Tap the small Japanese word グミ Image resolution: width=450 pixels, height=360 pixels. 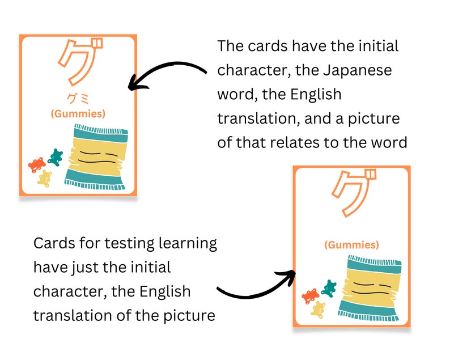tap(78, 98)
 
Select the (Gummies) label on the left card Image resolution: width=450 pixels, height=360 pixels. tap(78, 113)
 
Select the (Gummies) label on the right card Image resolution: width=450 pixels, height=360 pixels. tap(351, 245)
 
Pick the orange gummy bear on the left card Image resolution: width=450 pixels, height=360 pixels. tap(37, 164)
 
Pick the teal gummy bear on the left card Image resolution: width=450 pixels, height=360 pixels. tap(55, 156)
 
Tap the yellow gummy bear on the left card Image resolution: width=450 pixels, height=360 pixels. tap(45, 177)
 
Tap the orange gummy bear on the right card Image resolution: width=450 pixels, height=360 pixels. tap(311, 295)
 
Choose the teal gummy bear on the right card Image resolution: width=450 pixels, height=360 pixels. tap(328, 287)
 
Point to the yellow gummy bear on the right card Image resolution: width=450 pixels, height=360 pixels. tap(318, 309)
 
